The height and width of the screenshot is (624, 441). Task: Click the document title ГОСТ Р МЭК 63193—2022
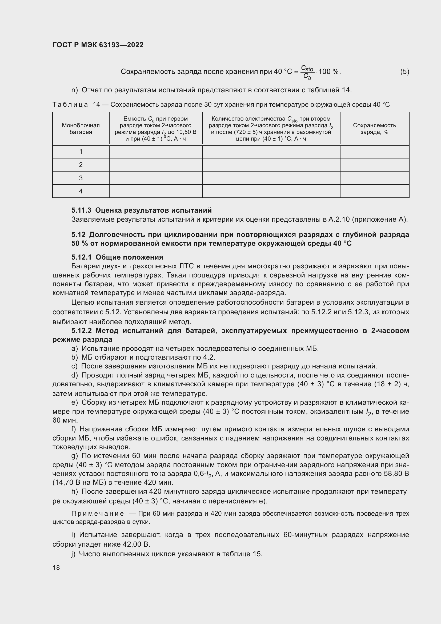pyautogui.click(x=98, y=45)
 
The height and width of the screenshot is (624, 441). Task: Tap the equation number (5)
pyautogui.click(x=404, y=71)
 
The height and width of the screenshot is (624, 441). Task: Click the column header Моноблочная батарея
pyautogui.click(x=81, y=129)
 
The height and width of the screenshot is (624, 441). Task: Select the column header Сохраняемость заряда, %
pyautogui.click(x=374, y=129)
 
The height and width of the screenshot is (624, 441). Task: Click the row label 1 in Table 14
pyautogui.click(x=81, y=151)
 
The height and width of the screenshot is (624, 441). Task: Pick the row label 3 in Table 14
pyautogui.click(x=81, y=178)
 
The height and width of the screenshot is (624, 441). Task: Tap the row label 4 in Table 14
pyautogui.click(x=81, y=191)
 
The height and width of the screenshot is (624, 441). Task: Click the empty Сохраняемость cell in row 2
pyautogui.click(x=374, y=165)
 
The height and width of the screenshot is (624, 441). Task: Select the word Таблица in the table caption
pyautogui.click(x=70, y=105)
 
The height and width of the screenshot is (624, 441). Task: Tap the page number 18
pyautogui.click(x=56, y=567)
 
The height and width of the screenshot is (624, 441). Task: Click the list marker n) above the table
pyautogui.click(x=74, y=90)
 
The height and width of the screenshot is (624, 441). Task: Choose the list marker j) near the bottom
pyautogui.click(x=73, y=554)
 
